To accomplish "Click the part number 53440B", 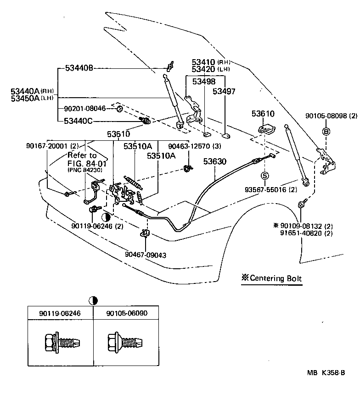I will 79,68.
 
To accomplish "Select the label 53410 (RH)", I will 211,62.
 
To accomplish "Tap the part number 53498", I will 203,82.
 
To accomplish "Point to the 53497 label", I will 224,91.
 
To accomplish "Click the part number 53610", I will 263,113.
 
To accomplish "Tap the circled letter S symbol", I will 264,176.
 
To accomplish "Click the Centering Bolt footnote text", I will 272,278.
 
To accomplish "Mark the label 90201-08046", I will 85,109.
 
